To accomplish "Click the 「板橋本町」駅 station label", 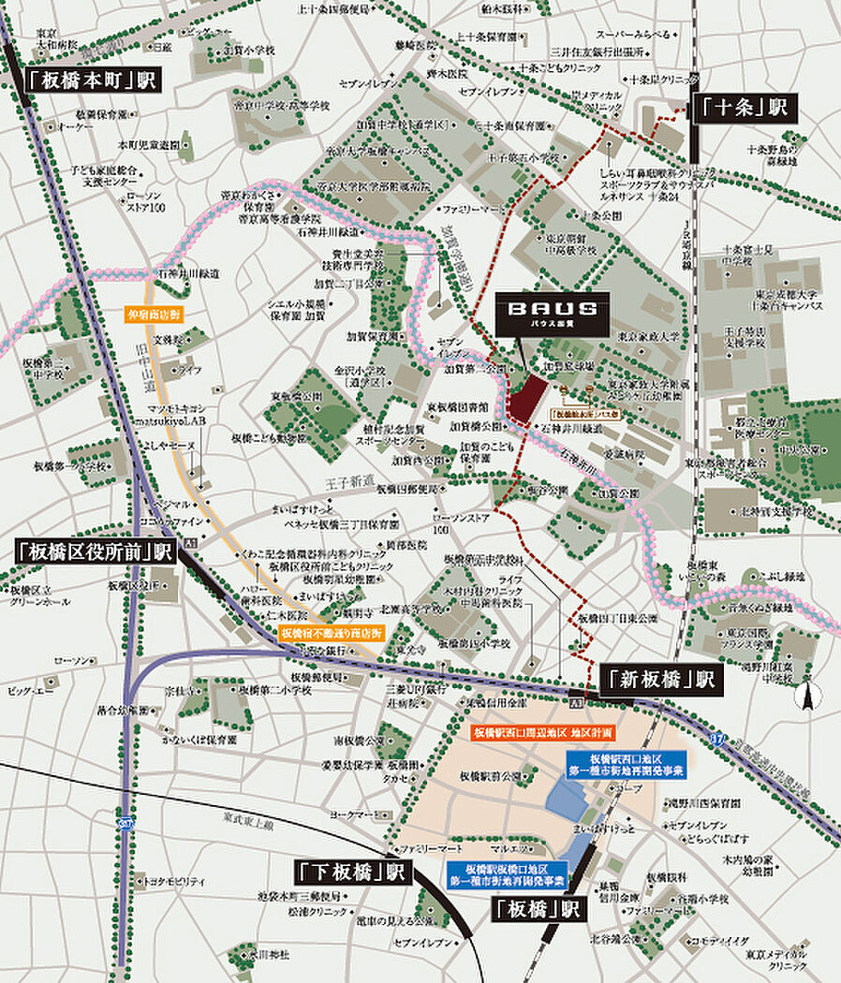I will [x=90, y=80].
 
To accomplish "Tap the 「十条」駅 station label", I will [x=744, y=108].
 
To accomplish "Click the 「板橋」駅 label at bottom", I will [x=536, y=908].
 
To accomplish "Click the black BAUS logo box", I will [x=554, y=309].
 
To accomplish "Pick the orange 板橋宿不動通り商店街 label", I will [x=332, y=634].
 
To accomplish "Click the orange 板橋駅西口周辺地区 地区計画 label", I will [x=542, y=731].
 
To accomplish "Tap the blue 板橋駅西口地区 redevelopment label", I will [x=638, y=763].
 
